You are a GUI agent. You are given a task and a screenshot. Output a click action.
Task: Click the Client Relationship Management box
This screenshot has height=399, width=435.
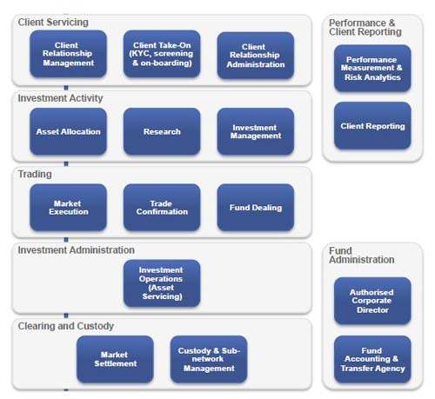tap(68, 54)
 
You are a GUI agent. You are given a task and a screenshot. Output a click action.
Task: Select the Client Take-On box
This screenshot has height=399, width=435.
tap(162, 54)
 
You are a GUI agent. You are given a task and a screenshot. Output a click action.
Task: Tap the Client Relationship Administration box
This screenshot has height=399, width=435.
tap(256, 56)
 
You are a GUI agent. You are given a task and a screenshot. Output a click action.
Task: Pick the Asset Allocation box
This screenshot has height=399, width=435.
tap(68, 131)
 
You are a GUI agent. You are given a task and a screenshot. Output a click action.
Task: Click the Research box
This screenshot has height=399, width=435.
tap(162, 131)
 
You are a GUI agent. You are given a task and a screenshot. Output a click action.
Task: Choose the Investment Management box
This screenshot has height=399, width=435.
tap(256, 131)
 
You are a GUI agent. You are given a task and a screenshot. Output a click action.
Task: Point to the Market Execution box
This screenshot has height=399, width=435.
tap(68, 208)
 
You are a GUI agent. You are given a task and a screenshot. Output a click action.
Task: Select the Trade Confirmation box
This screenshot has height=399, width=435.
tap(162, 208)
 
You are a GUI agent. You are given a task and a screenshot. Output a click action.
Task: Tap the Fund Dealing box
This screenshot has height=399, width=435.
tap(256, 208)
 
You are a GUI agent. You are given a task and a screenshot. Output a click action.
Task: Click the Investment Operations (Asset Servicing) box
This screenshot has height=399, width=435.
tap(162, 283)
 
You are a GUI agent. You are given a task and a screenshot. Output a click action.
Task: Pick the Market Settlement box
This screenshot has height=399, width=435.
tap(115, 359)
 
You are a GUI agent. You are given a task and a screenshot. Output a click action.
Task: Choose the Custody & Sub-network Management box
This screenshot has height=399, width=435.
tap(209, 359)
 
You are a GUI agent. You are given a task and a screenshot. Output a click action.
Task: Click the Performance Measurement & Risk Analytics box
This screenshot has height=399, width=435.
tap(372, 69)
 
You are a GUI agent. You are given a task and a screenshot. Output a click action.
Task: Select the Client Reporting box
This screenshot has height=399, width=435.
tap(372, 126)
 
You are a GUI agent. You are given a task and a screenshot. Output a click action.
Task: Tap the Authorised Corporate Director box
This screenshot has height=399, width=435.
tap(372, 301)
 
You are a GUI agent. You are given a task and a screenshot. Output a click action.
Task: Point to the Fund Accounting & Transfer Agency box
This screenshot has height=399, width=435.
tap(372, 359)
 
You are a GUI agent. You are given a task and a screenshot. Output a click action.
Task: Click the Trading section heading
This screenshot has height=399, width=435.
tap(35, 174)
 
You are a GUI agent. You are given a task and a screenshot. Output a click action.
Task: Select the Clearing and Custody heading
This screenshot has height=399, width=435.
tap(66, 326)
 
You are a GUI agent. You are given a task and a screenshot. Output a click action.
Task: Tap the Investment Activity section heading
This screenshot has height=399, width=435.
tap(60, 98)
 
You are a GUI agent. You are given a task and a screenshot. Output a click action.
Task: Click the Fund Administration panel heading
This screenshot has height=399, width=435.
tap(362, 256)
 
